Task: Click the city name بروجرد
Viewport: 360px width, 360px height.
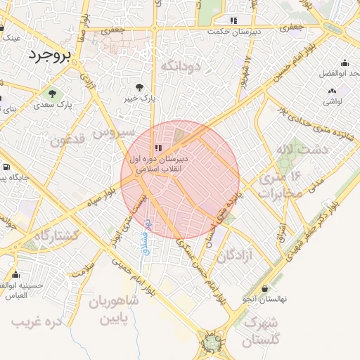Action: click(x=47, y=56)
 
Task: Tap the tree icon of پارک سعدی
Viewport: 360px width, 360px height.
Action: click(x=52, y=93)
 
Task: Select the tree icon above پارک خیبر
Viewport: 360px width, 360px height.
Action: click(x=139, y=86)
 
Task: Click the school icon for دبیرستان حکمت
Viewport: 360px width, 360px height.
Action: click(x=233, y=20)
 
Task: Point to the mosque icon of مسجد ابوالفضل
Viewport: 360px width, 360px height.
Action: click(x=345, y=62)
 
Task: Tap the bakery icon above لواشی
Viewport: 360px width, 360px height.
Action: click(x=333, y=90)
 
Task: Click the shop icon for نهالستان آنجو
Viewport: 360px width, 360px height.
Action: click(x=264, y=288)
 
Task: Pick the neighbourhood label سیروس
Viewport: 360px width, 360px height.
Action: click(x=112, y=131)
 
